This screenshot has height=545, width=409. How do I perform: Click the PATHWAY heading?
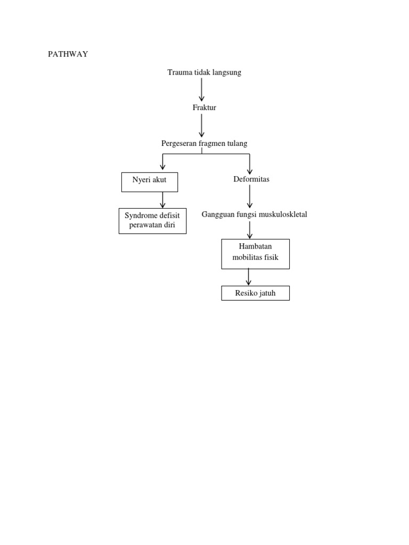click(68, 54)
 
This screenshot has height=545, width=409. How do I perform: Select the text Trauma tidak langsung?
click(204, 72)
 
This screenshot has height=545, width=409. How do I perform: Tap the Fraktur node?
click(204, 108)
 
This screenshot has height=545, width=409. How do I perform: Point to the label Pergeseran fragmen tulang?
click(204, 144)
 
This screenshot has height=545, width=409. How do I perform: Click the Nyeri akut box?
click(149, 182)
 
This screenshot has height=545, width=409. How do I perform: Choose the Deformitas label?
click(251, 179)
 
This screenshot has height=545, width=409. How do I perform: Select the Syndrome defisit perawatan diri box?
click(152, 221)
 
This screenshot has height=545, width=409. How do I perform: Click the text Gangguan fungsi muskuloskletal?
click(254, 214)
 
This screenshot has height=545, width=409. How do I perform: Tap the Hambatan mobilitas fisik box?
click(255, 254)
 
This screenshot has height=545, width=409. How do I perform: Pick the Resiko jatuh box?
click(255, 293)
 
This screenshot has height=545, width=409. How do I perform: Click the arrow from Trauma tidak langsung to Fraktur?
click(202, 89)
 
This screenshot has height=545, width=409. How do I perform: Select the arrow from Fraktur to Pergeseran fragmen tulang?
click(202, 126)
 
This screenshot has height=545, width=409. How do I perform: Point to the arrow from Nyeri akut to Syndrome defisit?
click(163, 200)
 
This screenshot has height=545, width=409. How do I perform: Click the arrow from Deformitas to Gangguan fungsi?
click(250, 196)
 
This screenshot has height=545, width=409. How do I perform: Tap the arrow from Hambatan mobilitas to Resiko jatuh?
click(249, 277)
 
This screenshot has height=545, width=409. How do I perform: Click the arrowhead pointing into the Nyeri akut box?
click(163, 167)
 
